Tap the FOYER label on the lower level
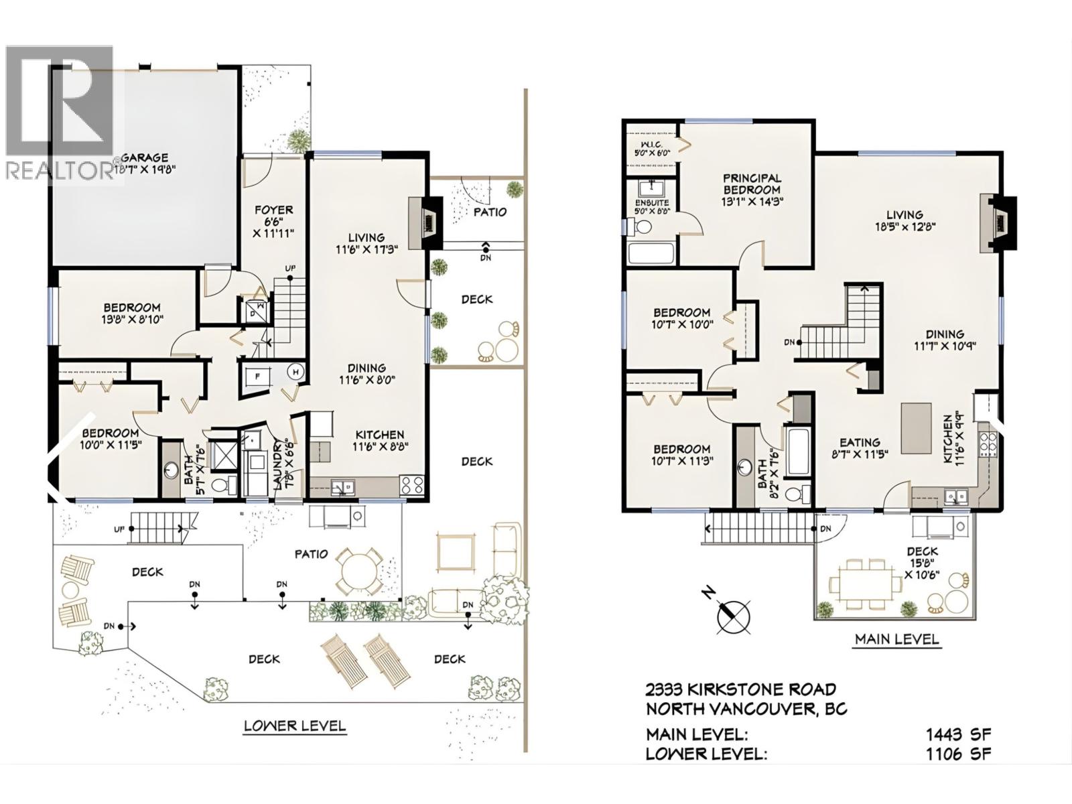273,210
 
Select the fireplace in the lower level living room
425,216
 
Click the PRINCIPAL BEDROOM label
752,178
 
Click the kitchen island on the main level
916,427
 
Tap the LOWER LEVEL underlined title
295,726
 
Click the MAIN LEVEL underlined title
897,639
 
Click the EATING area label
860,443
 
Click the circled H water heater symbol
295,373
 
